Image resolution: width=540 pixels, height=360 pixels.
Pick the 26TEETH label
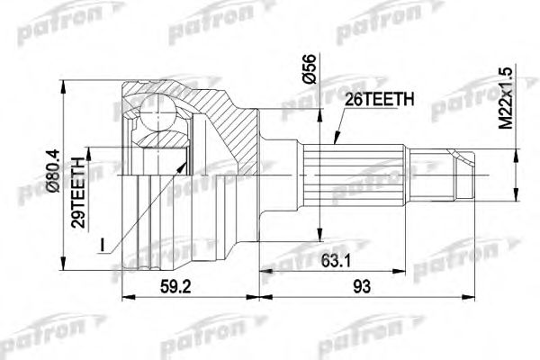[x=378, y=100]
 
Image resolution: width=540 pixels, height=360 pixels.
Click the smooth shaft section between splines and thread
[x=409, y=170]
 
